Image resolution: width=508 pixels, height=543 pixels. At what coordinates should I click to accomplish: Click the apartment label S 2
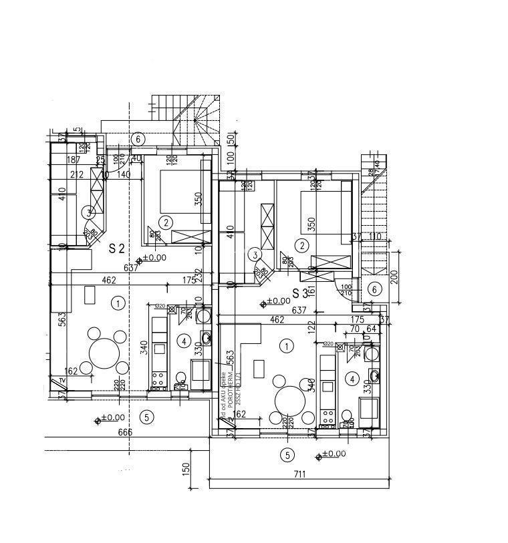pyautogui.click(x=117, y=248)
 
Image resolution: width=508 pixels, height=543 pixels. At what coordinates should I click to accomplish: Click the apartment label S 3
pyautogui.click(x=300, y=293)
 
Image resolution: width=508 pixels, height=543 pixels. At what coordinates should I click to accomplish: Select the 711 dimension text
pyautogui.click(x=299, y=475)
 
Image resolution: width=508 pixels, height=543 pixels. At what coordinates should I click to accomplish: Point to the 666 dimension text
pyautogui.click(x=124, y=432)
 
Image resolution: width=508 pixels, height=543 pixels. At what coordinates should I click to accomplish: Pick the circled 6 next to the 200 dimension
pyautogui.click(x=374, y=289)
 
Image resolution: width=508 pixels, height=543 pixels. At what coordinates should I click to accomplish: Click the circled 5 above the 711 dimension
pyautogui.click(x=287, y=456)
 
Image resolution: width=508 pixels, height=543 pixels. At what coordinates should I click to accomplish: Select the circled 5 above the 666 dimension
pyautogui.click(x=147, y=417)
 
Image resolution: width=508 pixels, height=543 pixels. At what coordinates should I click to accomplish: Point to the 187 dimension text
pyautogui.click(x=74, y=160)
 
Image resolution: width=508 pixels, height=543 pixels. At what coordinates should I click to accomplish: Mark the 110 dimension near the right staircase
pyautogui.click(x=375, y=237)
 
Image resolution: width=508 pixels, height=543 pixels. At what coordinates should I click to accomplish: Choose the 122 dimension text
pyautogui.click(x=311, y=327)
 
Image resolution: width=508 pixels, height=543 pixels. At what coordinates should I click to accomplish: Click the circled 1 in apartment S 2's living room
pyautogui.click(x=118, y=303)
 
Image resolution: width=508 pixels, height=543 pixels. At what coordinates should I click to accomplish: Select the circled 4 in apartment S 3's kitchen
pyautogui.click(x=352, y=379)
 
